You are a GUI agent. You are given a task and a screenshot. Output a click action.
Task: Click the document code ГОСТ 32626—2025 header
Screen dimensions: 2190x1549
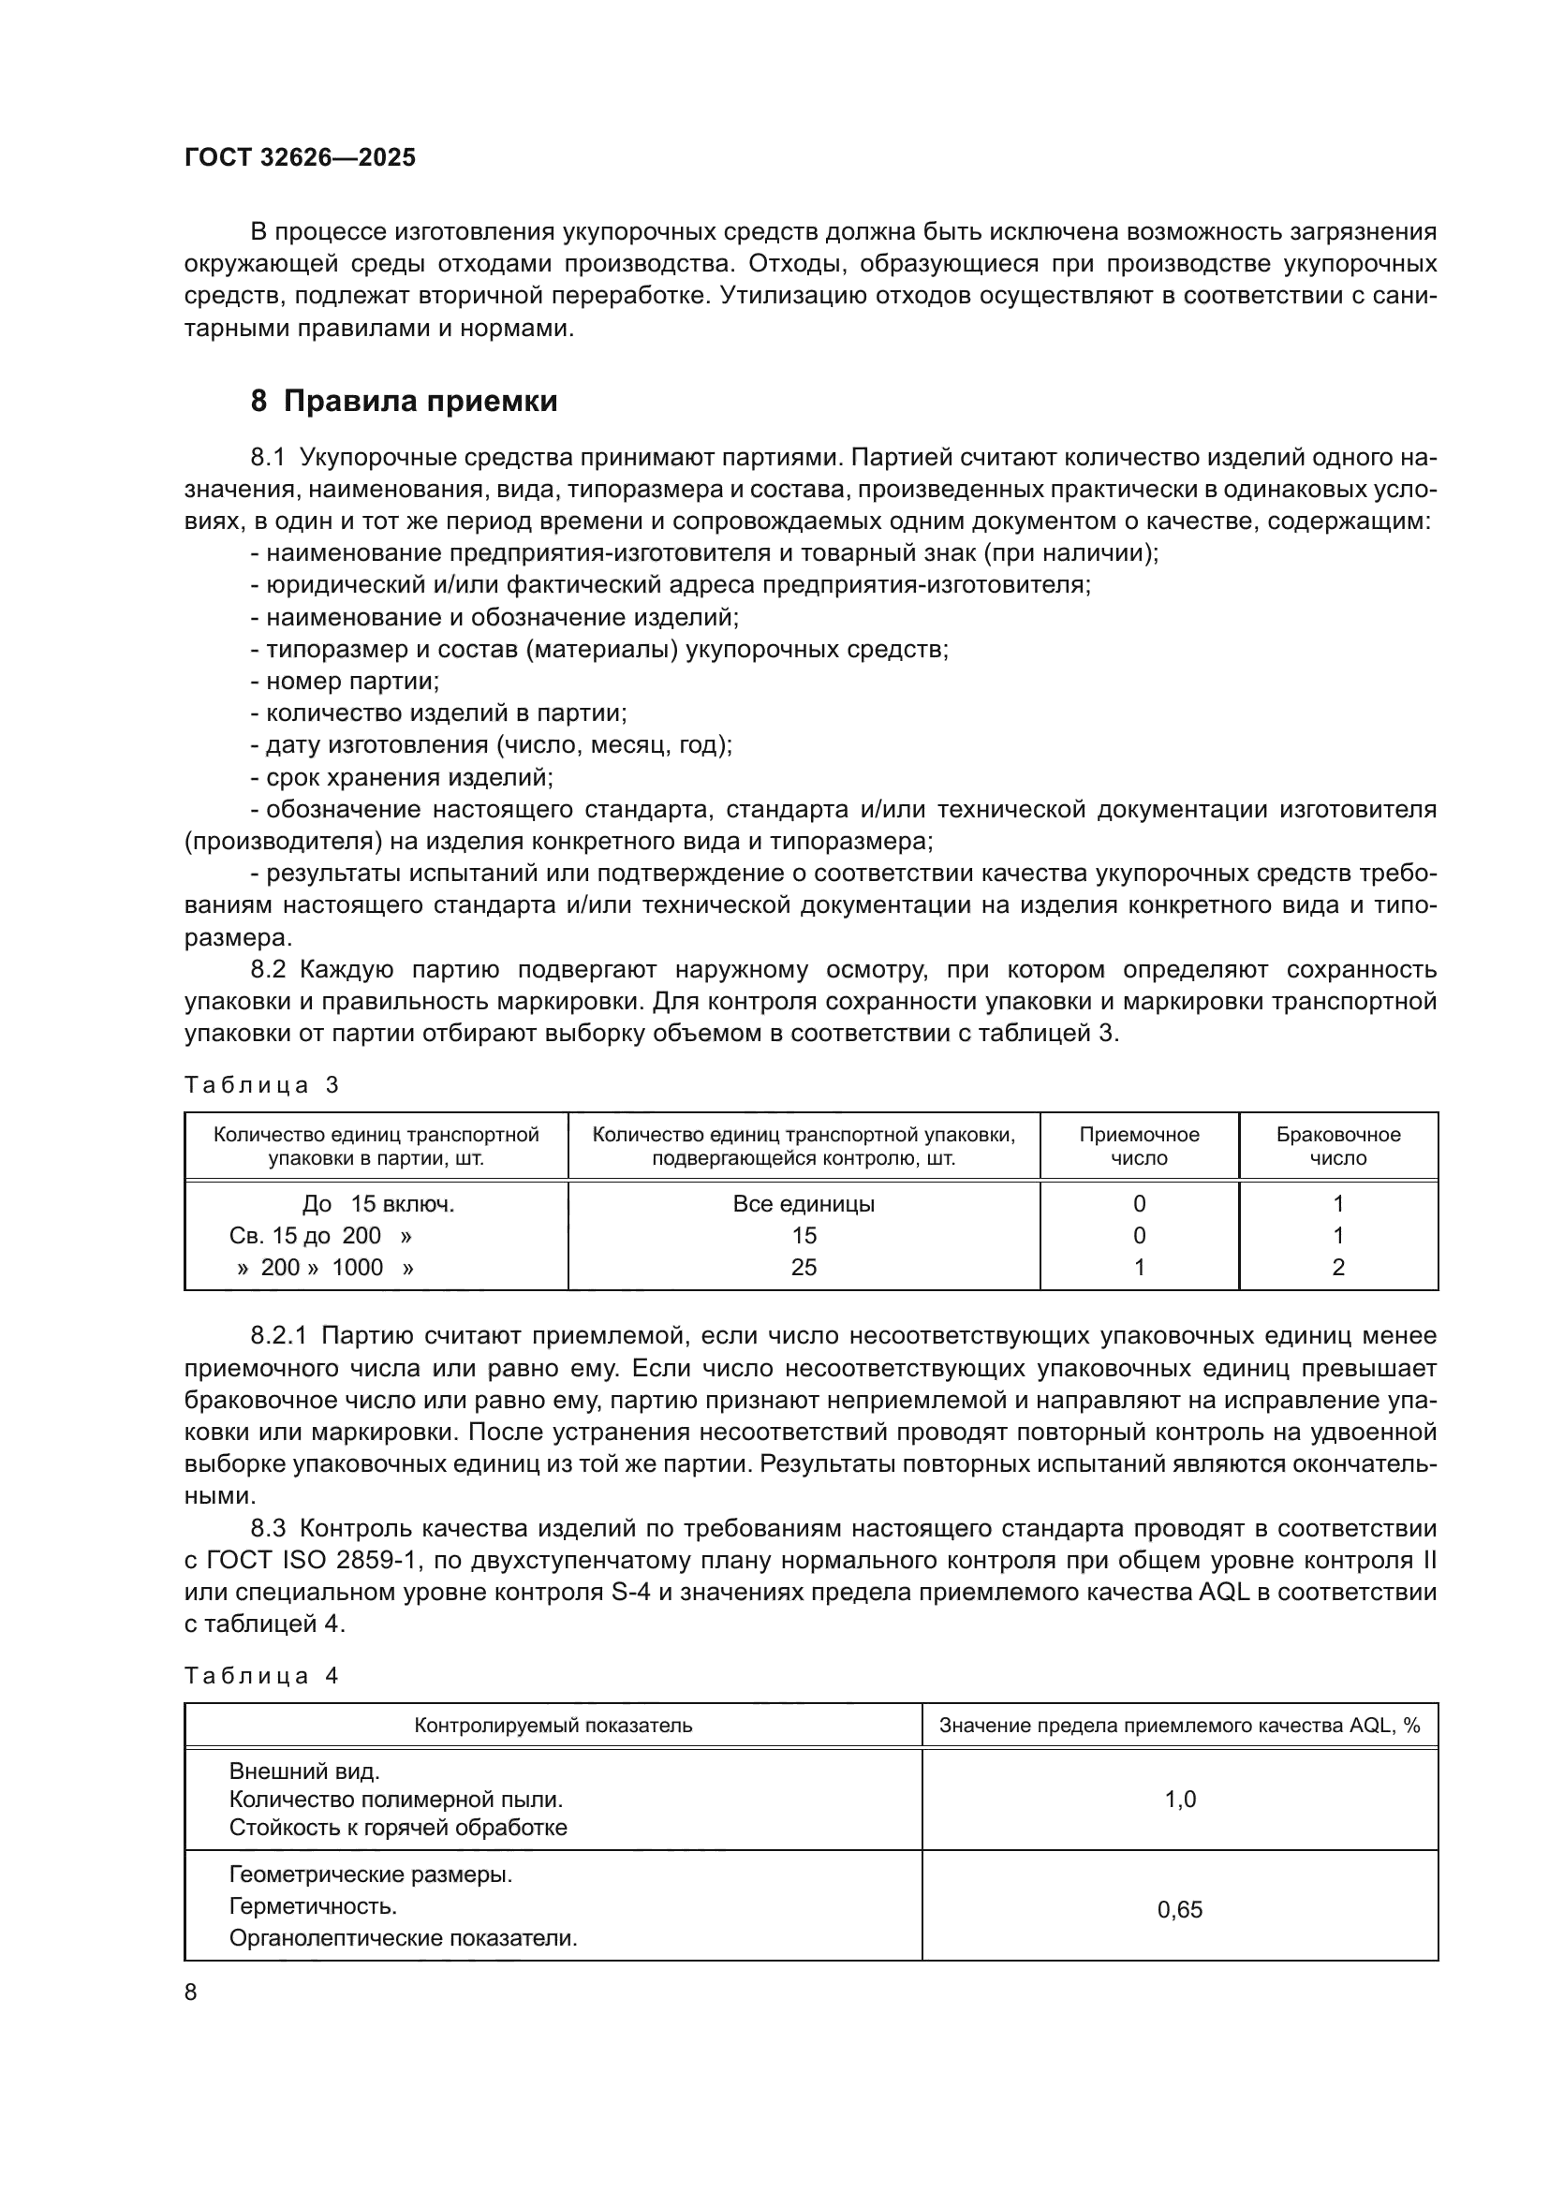[x=300, y=157]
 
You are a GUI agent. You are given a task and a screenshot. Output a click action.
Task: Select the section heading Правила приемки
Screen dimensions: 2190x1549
[x=420, y=402]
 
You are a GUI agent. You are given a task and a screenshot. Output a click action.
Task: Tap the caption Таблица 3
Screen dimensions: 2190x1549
[x=261, y=1085]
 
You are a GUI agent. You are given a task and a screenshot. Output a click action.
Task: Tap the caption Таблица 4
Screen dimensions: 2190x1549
[x=261, y=1676]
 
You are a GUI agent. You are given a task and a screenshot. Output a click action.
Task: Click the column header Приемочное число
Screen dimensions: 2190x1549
[x=1139, y=1147]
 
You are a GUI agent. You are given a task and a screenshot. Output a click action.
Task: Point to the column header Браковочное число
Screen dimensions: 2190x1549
[x=1338, y=1147]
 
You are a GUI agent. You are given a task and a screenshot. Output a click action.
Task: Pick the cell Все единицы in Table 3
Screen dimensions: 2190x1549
[x=804, y=1204]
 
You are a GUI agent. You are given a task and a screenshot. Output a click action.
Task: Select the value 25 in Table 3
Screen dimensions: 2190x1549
[x=804, y=1267]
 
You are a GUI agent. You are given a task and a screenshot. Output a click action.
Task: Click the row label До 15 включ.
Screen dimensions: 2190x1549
[x=377, y=1204]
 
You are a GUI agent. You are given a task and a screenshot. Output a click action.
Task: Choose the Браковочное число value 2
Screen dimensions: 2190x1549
[x=1338, y=1267]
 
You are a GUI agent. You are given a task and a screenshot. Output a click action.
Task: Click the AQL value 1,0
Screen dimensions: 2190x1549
[x=1180, y=1800]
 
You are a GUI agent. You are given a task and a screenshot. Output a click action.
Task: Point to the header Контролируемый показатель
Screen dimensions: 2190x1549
[x=553, y=1726]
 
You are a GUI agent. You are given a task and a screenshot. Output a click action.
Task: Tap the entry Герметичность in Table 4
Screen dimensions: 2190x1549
[x=313, y=1905]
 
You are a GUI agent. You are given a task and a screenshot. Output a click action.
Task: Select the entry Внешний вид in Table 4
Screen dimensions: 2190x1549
[x=304, y=1771]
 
